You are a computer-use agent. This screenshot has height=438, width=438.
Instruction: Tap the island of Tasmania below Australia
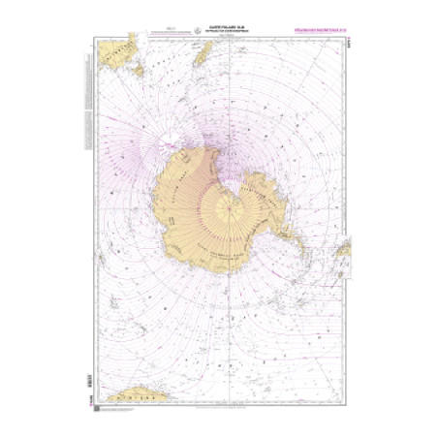coord(139,71)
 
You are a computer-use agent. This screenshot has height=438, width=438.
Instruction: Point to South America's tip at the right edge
coord(343,250)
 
